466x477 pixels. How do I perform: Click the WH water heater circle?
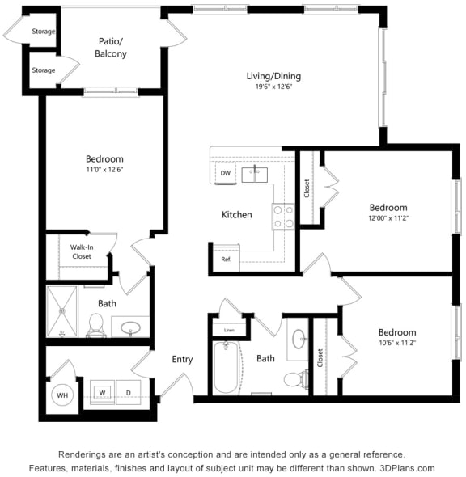tap(61, 395)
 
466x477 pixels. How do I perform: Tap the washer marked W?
tap(103, 392)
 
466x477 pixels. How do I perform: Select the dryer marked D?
tap(127, 392)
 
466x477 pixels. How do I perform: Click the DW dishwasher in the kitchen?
tap(226, 173)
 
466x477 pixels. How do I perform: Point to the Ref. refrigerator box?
tap(226, 260)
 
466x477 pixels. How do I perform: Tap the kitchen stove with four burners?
tap(283, 216)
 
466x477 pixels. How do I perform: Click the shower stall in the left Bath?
tap(61, 311)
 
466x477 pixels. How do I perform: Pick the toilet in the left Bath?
tap(95, 326)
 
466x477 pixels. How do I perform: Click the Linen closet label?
tap(229, 330)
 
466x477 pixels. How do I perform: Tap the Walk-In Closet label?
tap(81, 251)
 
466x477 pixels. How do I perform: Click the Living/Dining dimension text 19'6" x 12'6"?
tap(269, 87)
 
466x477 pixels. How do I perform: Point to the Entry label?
tap(182, 359)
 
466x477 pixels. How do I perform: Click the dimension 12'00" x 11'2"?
tap(388, 218)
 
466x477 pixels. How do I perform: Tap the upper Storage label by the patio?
tap(44, 32)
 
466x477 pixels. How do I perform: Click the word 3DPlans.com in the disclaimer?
tap(408, 468)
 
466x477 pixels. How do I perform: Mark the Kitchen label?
tap(237, 215)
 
